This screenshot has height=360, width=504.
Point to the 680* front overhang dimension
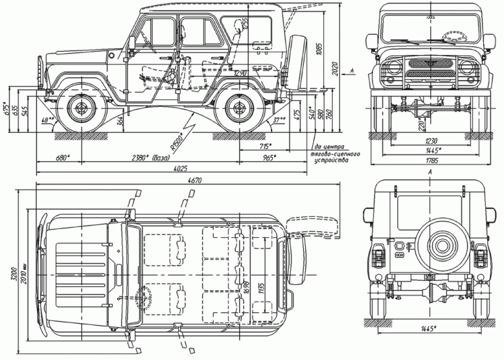coord(62,158)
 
